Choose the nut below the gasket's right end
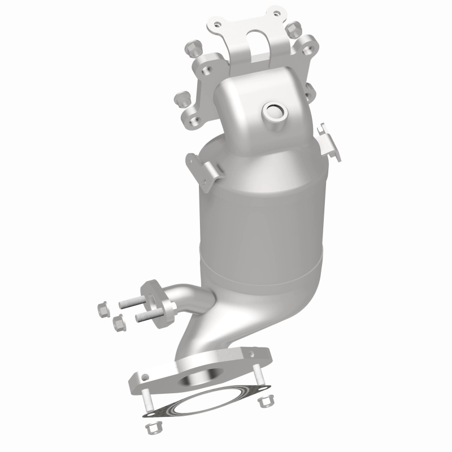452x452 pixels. pyautogui.click(x=263, y=401)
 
